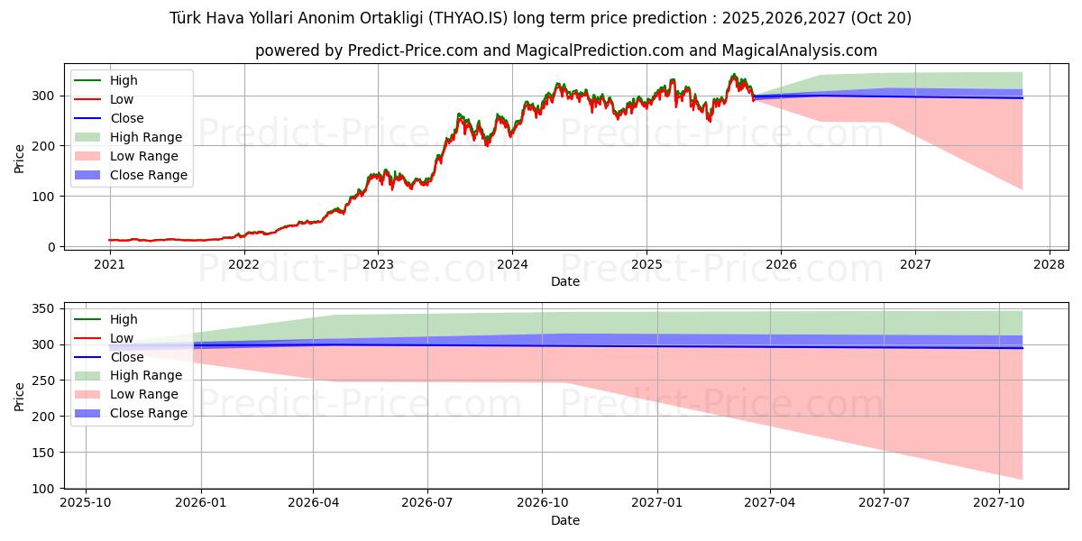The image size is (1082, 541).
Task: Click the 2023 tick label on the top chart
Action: click(378, 264)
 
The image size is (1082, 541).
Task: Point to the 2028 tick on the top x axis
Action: click(1050, 264)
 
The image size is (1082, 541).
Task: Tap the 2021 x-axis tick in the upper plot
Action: click(109, 264)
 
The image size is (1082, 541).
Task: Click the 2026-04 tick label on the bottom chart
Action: click(313, 503)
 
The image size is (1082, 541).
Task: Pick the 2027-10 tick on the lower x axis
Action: click(999, 503)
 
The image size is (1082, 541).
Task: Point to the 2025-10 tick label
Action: click(86, 503)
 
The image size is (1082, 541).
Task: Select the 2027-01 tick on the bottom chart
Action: click(657, 503)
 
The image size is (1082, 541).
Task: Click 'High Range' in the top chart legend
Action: click(146, 137)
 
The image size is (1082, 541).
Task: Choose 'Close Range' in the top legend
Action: click(149, 175)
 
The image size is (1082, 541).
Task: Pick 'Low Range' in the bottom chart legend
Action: click(144, 394)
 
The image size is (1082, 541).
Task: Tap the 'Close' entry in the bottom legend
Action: click(127, 357)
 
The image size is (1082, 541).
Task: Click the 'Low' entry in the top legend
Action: click(123, 99)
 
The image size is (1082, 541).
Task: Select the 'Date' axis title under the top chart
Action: click(565, 281)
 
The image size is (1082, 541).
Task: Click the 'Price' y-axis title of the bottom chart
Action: click(20, 396)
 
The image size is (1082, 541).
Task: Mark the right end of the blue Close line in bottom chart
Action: click(1022, 348)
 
